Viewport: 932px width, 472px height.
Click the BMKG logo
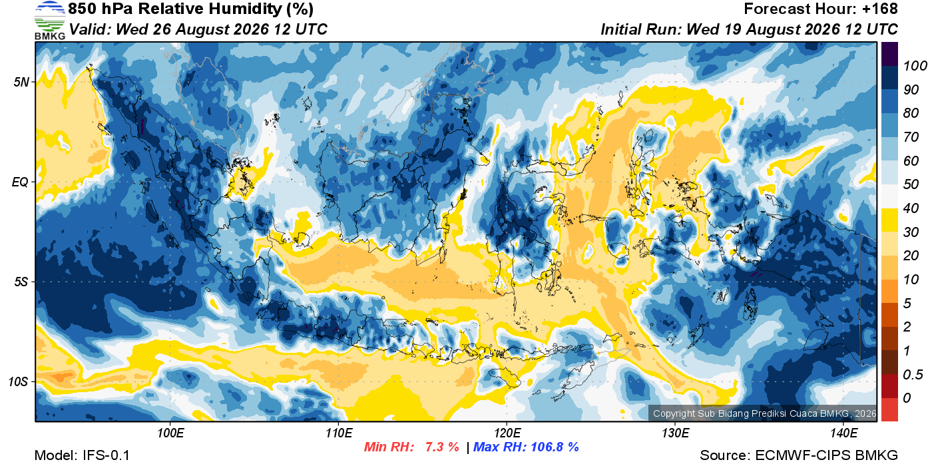[49, 20]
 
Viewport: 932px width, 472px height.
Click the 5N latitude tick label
[21, 82]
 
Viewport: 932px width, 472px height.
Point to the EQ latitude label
[20, 182]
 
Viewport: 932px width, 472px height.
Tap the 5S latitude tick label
[21, 282]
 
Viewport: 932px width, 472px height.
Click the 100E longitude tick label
[170, 433]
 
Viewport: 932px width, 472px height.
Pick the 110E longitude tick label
[339, 433]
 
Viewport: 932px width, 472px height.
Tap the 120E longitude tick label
[507, 433]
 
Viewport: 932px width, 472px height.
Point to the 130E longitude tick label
[675, 433]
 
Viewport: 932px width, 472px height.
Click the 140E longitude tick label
[843, 433]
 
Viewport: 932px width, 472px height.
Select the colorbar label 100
[915, 66]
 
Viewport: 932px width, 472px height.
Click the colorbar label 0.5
[913, 375]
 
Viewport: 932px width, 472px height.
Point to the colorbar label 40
[911, 208]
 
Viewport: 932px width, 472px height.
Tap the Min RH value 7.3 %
[442, 447]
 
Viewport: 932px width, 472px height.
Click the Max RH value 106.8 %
[555, 447]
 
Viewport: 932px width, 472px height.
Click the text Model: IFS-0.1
[82, 455]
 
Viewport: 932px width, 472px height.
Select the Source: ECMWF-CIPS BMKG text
[799, 455]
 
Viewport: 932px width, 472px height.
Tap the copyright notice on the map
[764, 413]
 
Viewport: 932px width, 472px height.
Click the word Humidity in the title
[246, 9]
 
